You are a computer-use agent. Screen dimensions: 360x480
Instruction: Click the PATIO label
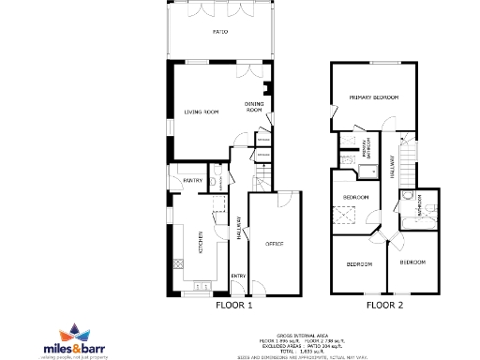click(x=219, y=32)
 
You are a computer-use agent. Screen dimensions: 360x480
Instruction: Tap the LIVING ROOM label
click(x=200, y=112)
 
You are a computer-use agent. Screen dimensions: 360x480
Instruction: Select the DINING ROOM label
click(x=254, y=107)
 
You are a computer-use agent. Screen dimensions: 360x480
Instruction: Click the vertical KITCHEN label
click(x=200, y=241)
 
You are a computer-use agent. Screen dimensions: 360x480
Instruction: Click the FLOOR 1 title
click(x=234, y=305)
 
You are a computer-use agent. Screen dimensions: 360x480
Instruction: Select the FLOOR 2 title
click(x=384, y=305)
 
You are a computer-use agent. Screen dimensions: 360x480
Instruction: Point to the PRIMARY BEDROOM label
click(x=374, y=97)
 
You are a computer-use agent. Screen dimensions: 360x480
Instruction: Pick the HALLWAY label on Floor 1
click(x=239, y=231)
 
